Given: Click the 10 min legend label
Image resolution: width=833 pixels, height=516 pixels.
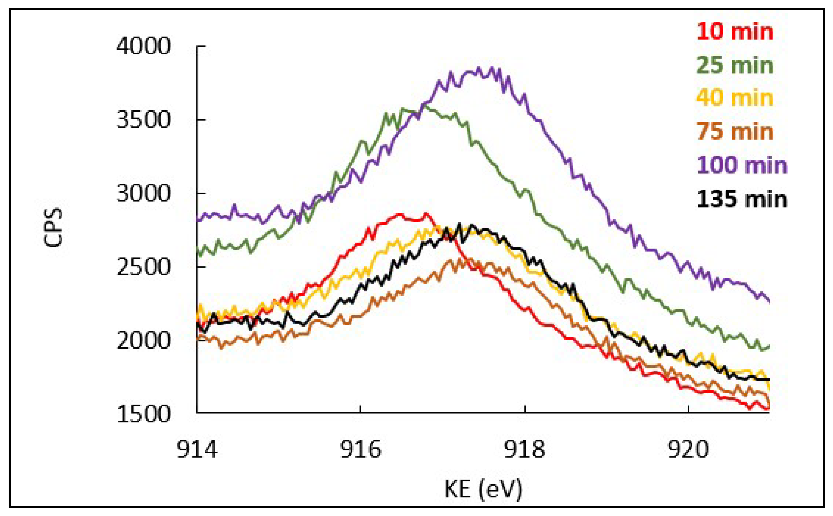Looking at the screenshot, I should pos(735,32).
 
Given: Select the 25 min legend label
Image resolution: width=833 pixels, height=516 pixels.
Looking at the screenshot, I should pos(735,65).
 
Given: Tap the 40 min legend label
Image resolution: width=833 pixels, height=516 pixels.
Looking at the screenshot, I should pos(735,98).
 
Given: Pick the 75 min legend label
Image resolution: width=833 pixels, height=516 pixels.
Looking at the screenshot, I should pos(735,131).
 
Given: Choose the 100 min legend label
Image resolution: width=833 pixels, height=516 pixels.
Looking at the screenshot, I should pos(742,165).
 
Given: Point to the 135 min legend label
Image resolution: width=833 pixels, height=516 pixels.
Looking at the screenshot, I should pos(742,199).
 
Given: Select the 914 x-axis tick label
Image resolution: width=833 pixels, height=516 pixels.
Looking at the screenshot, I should pos(197,450).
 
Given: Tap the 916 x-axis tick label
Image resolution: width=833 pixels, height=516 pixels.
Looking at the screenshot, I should pos(360,450).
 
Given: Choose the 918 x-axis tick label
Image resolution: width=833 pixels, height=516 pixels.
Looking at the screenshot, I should pos(524,450).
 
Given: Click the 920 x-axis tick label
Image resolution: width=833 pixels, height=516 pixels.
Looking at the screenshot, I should pos(688,450).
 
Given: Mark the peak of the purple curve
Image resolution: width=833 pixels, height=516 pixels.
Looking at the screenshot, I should pos(492,68).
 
